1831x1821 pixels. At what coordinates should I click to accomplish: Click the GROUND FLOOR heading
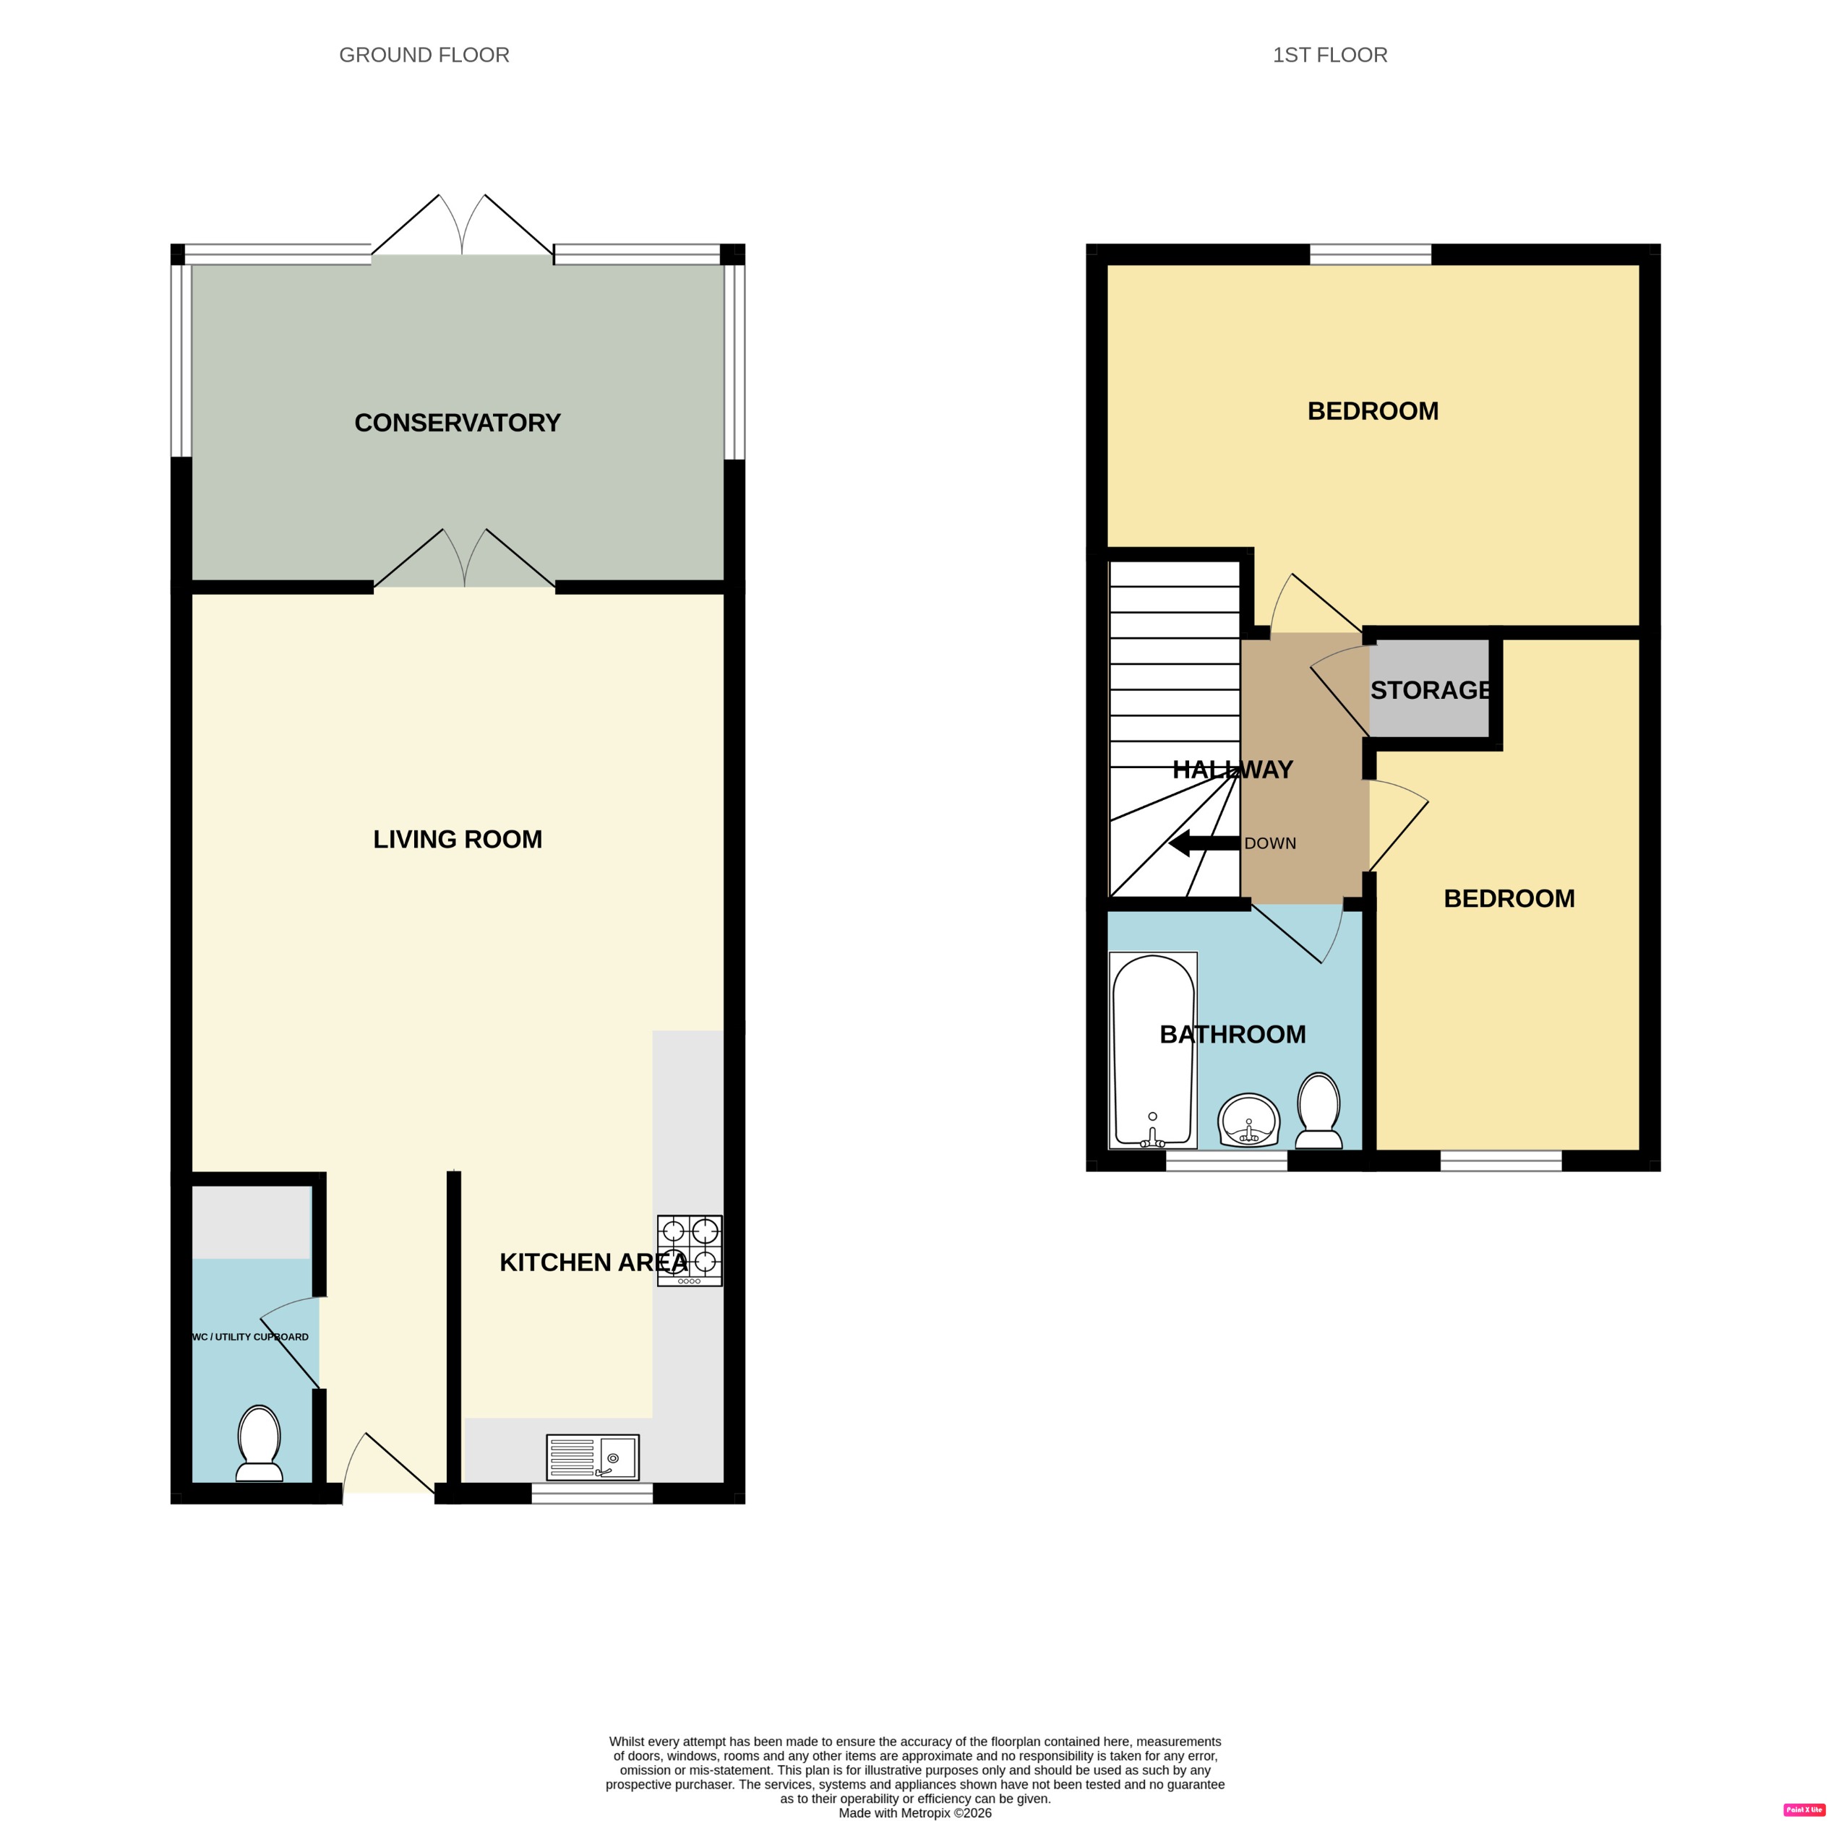click(424, 55)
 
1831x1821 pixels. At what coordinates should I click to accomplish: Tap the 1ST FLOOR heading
click(1329, 55)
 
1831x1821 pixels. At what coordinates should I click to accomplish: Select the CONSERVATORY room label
click(457, 423)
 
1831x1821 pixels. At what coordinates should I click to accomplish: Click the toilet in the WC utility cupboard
click(259, 1443)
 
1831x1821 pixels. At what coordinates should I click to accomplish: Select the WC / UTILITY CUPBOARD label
click(250, 1337)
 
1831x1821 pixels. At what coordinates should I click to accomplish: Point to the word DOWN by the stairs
click(1270, 843)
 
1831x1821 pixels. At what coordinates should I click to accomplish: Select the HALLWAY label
click(1232, 770)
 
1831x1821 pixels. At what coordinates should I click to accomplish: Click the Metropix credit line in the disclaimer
click(914, 1812)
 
